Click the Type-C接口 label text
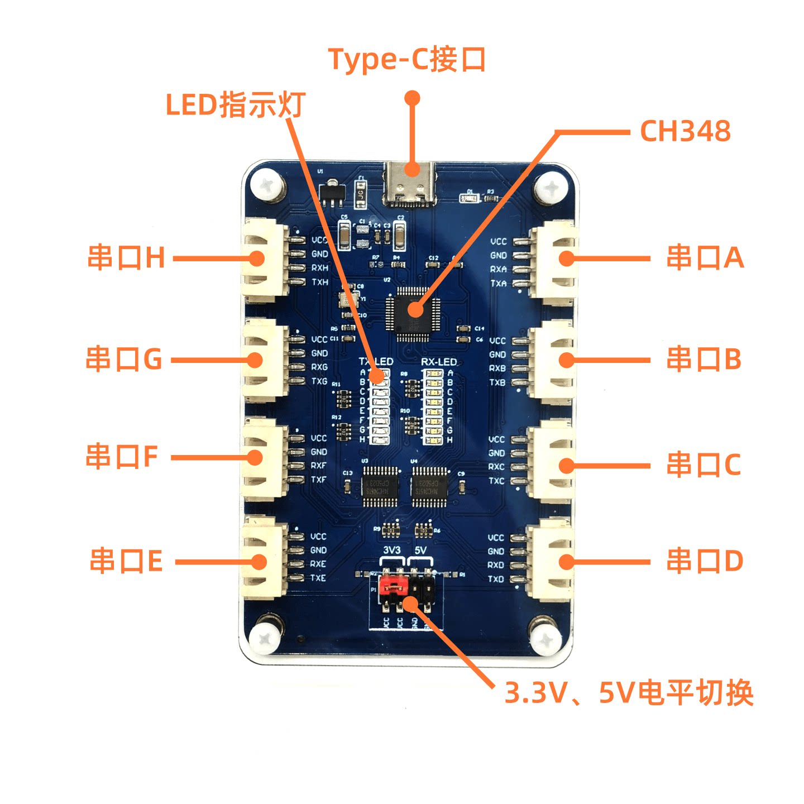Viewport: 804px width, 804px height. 406,59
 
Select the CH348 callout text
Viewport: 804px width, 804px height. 685,132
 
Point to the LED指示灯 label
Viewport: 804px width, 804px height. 236,104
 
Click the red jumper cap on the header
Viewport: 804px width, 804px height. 393,586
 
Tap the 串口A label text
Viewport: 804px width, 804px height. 705,258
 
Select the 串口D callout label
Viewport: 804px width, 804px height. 705,561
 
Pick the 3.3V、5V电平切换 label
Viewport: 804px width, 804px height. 629,693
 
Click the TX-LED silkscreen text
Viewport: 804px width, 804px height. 376,362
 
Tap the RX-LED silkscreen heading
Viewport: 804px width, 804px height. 439,362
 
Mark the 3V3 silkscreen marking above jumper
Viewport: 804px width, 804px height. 392,550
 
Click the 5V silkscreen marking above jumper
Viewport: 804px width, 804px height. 420,550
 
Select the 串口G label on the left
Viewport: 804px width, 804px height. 124,359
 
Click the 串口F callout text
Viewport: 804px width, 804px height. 122,457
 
